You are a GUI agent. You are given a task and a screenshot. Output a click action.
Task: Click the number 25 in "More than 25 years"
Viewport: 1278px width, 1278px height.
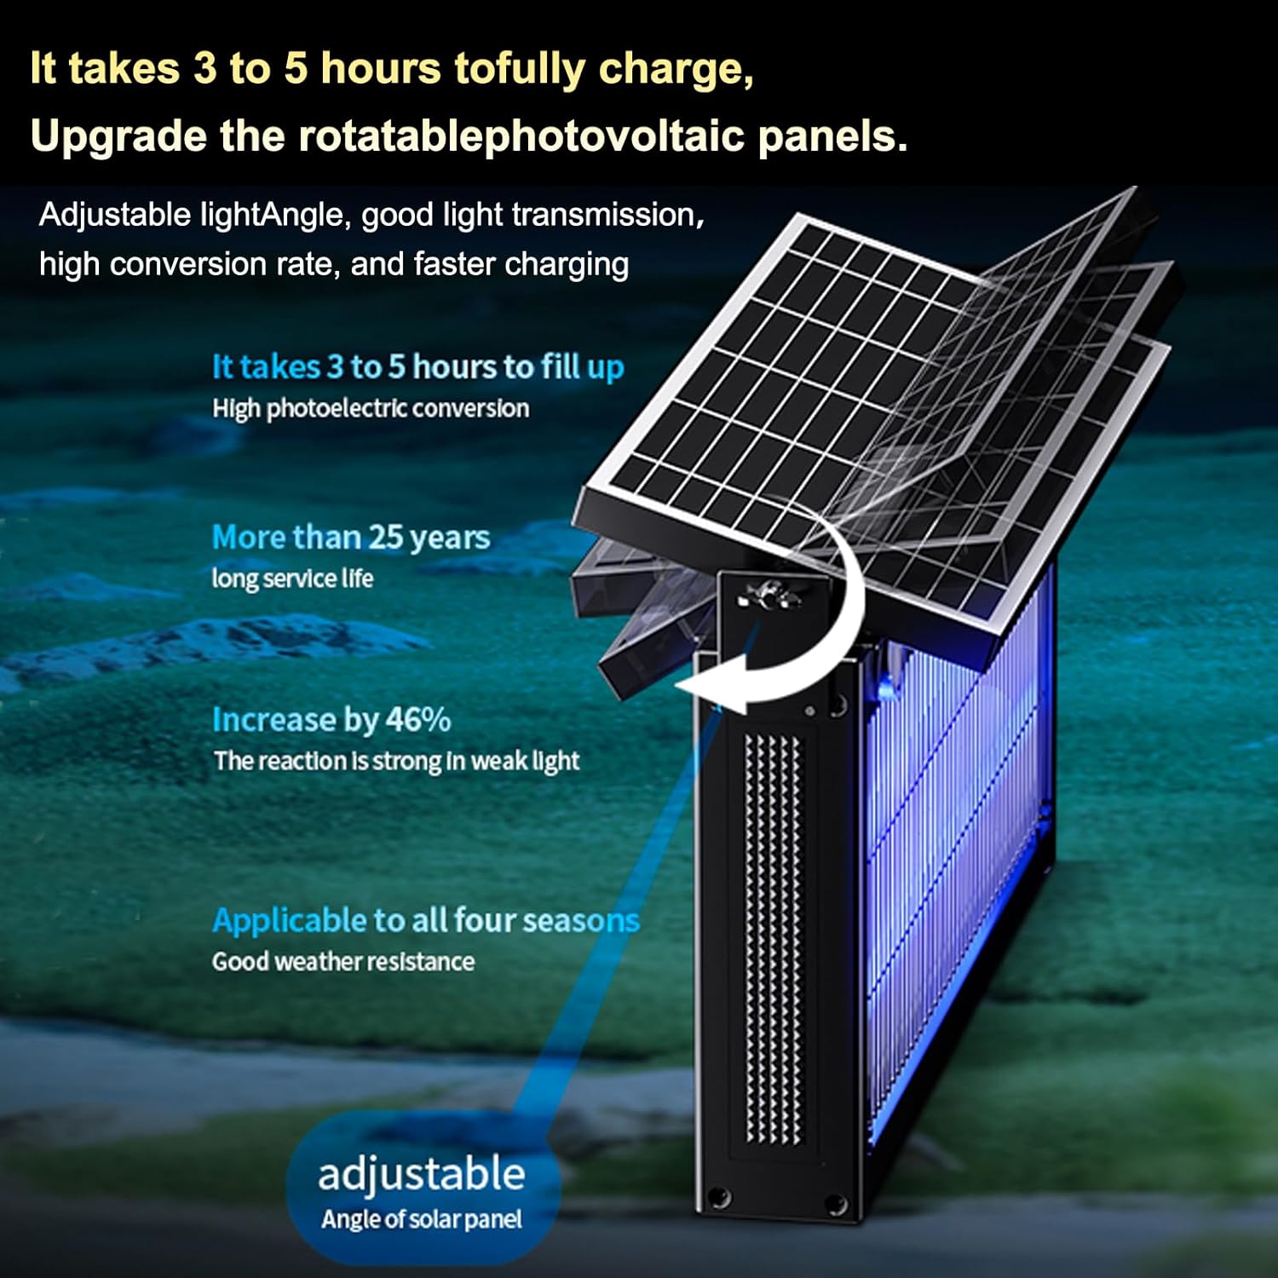click(x=385, y=538)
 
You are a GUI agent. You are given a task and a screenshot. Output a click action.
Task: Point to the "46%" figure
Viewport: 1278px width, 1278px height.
click(x=417, y=720)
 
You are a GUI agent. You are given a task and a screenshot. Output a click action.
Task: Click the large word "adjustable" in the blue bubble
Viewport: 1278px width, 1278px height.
click(x=421, y=1175)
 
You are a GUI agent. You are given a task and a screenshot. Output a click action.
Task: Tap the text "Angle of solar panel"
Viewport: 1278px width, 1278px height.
click(x=421, y=1219)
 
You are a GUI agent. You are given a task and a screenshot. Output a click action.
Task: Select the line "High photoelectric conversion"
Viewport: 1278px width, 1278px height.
click(x=371, y=408)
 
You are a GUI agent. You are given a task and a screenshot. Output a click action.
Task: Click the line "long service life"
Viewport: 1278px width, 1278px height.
click(x=292, y=579)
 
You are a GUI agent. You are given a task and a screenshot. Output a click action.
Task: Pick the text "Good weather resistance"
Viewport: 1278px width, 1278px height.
click(x=343, y=962)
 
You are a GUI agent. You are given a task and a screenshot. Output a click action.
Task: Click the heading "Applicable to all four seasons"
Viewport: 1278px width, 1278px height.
click(x=425, y=920)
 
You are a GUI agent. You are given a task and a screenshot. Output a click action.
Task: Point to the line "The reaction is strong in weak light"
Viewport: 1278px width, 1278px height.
click(x=396, y=761)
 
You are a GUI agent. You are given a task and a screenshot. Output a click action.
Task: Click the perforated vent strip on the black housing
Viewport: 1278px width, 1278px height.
click(x=774, y=937)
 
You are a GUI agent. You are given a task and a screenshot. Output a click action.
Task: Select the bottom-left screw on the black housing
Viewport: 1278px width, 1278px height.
click(x=720, y=1197)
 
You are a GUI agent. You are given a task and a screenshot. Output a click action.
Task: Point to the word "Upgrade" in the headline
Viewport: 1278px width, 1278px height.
click(x=118, y=136)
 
